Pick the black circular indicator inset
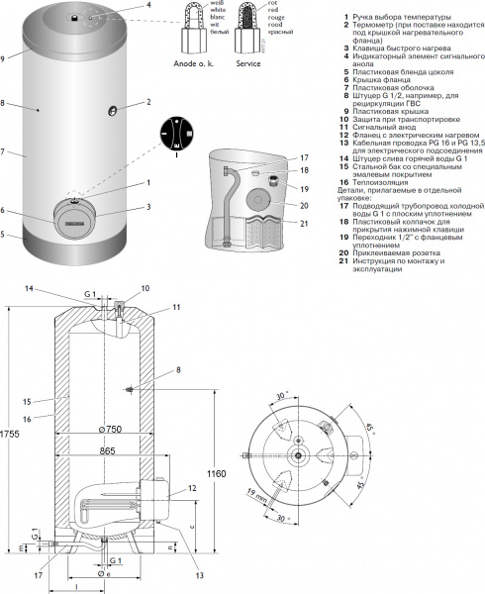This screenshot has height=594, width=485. pyautogui.click(x=180, y=135)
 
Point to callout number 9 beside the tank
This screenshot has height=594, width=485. pyautogui.click(x=4, y=58)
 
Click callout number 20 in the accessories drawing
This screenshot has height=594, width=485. pyautogui.click(x=304, y=204)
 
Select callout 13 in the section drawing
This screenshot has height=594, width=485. pyautogui.click(x=174, y=575)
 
